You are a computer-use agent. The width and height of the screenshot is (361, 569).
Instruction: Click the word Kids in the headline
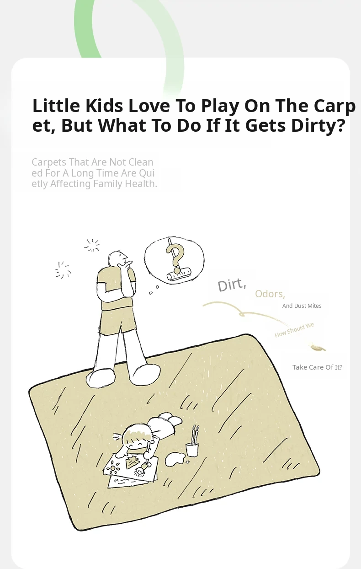click(x=104, y=106)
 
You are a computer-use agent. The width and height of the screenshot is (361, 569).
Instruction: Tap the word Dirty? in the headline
click(x=319, y=125)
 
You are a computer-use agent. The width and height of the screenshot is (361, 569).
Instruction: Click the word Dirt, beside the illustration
click(x=232, y=285)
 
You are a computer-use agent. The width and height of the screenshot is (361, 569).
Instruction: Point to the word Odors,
click(x=270, y=294)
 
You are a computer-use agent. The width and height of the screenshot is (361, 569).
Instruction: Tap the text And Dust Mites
click(x=302, y=306)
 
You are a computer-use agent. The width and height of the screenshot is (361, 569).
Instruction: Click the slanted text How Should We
click(x=295, y=330)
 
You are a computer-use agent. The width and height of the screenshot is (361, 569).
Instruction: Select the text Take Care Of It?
click(x=318, y=367)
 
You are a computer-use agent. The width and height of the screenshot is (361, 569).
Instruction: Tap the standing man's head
click(x=117, y=258)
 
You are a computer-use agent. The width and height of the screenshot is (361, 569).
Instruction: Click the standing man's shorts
click(x=117, y=322)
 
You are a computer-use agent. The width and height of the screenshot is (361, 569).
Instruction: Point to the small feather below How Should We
click(x=318, y=348)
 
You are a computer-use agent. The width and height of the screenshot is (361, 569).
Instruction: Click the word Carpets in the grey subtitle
click(x=49, y=162)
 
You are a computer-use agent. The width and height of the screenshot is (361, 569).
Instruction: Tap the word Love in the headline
click(x=149, y=106)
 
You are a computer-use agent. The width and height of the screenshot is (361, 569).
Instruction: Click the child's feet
click(x=170, y=419)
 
